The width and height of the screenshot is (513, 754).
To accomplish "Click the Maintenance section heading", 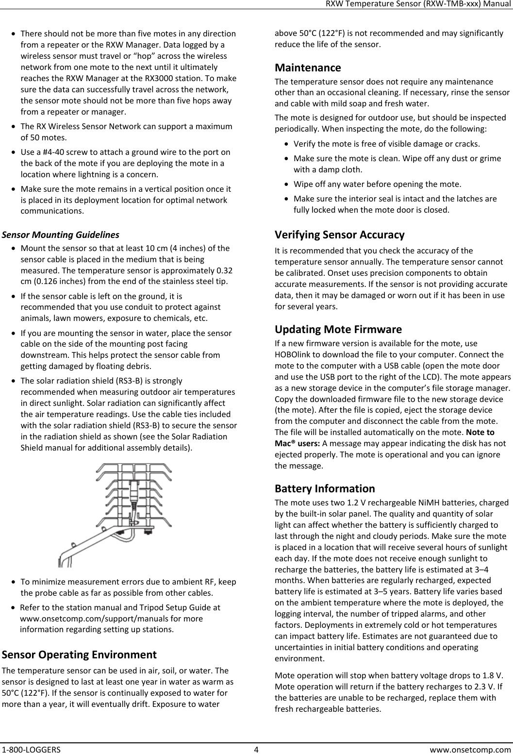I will click(x=308, y=67).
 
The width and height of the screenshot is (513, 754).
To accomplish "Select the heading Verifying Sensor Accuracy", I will click(x=339, y=235).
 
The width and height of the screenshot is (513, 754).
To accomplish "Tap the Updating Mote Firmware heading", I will click(x=338, y=330).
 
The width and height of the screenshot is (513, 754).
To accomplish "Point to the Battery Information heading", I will click(x=325, y=488).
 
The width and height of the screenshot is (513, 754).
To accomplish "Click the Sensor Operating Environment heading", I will click(x=79, y=654).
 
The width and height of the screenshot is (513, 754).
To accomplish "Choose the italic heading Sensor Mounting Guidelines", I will click(x=61, y=235).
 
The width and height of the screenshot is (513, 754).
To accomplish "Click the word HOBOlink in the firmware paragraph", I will click(x=291, y=352).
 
